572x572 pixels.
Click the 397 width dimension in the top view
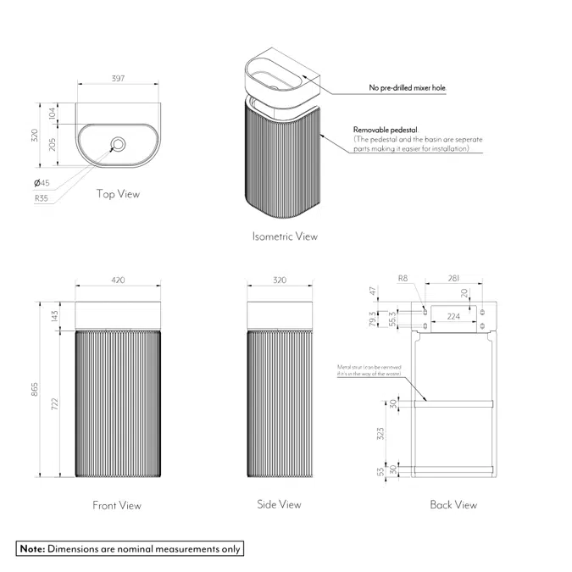click(x=117, y=78)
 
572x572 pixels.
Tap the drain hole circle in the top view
click(x=118, y=143)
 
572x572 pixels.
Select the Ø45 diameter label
click(x=42, y=183)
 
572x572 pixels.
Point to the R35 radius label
click(x=42, y=199)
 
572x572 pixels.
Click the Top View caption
click(x=118, y=194)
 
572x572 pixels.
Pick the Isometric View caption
click(x=285, y=236)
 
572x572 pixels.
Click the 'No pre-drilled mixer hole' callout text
click(x=407, y=87)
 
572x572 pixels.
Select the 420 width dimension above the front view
click(x=117, y=279)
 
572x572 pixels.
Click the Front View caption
click(x=117, y=506)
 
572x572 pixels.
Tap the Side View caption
click(x=279, y=505)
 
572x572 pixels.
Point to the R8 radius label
click(x=404, y=279)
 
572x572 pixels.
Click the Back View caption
click(x=453, y=505)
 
